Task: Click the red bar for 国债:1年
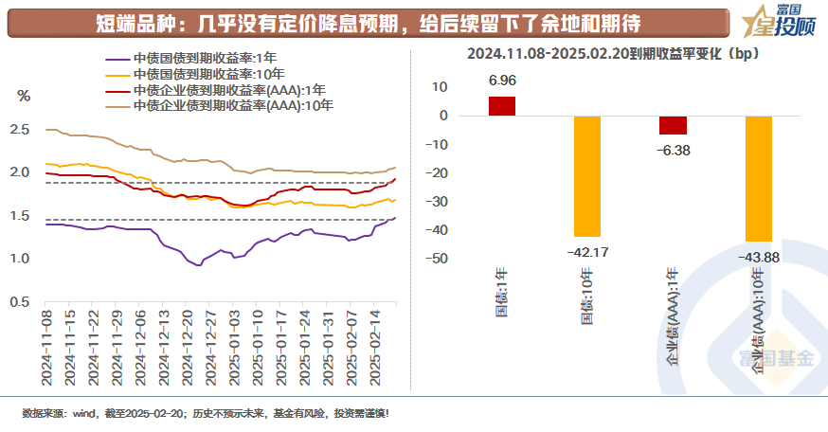click(502, 106)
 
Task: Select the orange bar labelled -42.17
click(587, 176)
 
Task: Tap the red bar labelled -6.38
click(673, 125)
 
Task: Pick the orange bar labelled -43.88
click(758, 178)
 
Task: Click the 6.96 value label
click(502, 81)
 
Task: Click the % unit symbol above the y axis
click(24, 96)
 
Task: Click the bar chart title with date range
click(619, 53)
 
